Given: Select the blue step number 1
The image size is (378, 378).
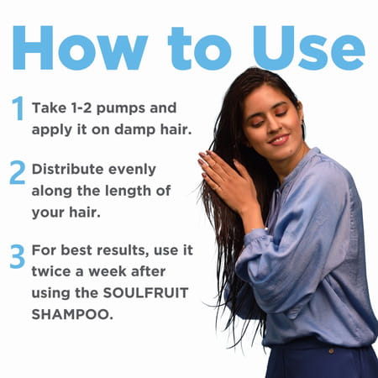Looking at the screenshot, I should (18, 108).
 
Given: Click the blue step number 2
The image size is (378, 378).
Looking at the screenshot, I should (18, 171).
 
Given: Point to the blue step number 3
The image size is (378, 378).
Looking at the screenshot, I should (18, 255).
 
